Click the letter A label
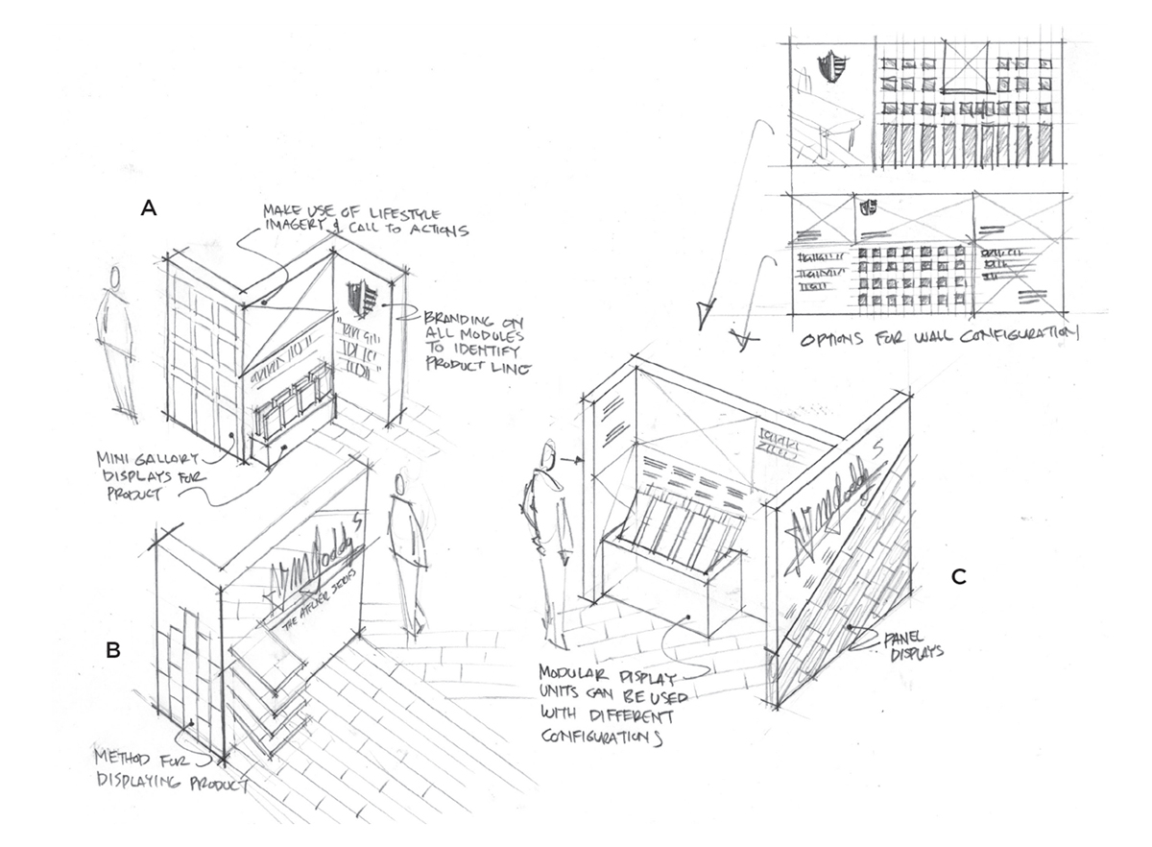[x=148, y=206]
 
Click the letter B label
[x=113, y=650]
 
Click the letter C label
[x=957, y=577]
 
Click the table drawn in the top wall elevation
[x=827, y=120]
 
